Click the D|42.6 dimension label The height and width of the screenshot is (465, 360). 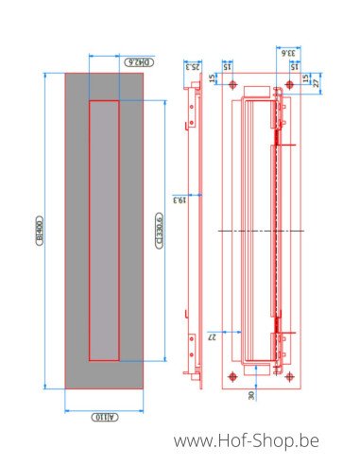tap(139, 62)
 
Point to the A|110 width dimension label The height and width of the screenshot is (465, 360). tap(103, 417)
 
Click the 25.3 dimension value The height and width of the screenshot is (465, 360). tap(193, 65)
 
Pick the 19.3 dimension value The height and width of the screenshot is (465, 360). tap(177, 199)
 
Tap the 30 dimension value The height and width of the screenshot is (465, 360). tap(252, 395)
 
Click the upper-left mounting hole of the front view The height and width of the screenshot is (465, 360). tap(232, 86)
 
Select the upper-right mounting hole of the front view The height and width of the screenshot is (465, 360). tap(288, 86)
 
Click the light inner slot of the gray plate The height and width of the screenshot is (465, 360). tap(104, 231)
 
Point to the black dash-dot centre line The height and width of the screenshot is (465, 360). tap(255, 230)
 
